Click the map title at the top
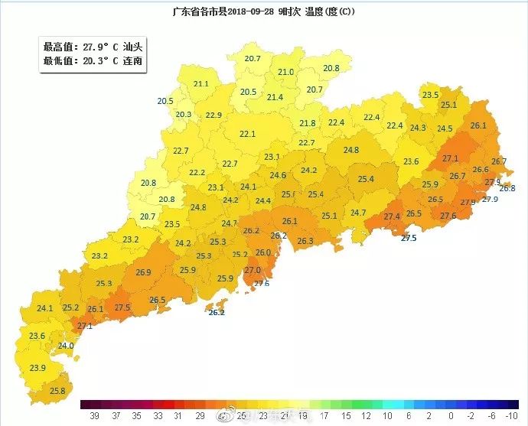263,12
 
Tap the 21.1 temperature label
201,84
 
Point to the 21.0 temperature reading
285,72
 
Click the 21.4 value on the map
275,97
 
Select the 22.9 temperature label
213,115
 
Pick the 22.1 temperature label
247,134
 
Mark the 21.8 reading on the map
307,123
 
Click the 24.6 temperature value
278,175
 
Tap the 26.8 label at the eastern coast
507,187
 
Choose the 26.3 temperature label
305,241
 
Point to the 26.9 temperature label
143,272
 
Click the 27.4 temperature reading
392,216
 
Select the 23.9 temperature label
37,368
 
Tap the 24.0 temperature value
66,346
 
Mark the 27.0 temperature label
253,270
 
